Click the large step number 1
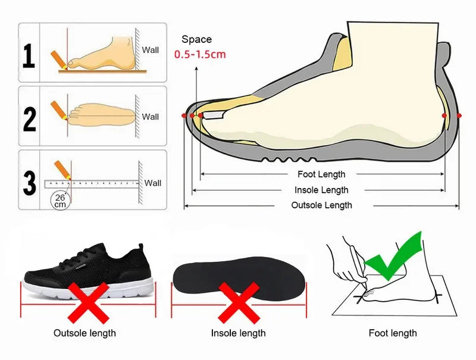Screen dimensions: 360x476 point(28,55)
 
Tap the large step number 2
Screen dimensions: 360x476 point(29,118)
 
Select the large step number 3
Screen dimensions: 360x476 point(29,183)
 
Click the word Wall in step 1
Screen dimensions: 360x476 point(151,50)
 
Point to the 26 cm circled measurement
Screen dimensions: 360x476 point(60,201)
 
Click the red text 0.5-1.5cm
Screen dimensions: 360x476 point(200,54)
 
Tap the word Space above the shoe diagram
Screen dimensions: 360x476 point(196,39)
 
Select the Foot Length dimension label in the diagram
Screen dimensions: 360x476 point(321,174)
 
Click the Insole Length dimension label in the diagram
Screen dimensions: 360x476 point(321,190)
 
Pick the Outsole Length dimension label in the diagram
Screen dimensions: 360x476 point(321,205)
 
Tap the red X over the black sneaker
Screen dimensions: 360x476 point(88,302)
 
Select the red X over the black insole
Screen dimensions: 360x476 point(237,302)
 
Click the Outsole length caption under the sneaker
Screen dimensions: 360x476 point(85,333)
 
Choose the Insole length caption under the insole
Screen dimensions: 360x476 point(238,333)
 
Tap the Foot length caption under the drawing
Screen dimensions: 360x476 point(393,333)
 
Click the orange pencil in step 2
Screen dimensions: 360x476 point(59,109)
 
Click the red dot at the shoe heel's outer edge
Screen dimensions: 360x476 point(459,115)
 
